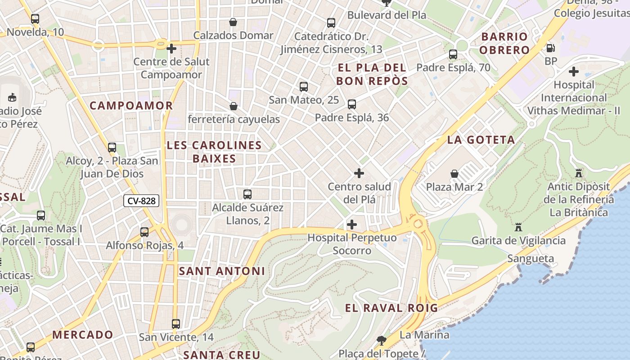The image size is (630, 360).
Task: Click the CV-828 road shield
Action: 141,201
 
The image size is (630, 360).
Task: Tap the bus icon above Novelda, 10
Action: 35,19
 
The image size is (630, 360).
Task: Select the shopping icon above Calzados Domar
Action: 233,22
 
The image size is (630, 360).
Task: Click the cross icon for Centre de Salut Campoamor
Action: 171,48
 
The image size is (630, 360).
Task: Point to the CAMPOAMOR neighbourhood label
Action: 131,106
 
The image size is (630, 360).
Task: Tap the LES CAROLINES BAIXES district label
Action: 214,152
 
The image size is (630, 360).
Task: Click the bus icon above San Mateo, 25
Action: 304,87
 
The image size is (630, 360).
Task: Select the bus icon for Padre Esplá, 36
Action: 352,104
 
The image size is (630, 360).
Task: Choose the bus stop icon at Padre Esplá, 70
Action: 453,54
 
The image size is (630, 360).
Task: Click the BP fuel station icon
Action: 550,48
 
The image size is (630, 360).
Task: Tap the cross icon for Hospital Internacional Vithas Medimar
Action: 573,71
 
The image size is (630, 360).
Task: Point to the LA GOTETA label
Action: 481,140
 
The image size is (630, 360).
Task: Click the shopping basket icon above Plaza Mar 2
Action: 454,174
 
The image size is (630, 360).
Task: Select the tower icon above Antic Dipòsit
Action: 579,173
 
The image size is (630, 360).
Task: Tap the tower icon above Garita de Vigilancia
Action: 518,227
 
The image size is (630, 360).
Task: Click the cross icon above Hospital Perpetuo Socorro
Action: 352,224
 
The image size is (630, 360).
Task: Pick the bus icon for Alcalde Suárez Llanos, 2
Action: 247,194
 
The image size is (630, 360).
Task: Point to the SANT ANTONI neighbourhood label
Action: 222,271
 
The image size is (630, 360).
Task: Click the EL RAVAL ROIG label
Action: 391,308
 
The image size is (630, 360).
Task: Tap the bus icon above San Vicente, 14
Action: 176,324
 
